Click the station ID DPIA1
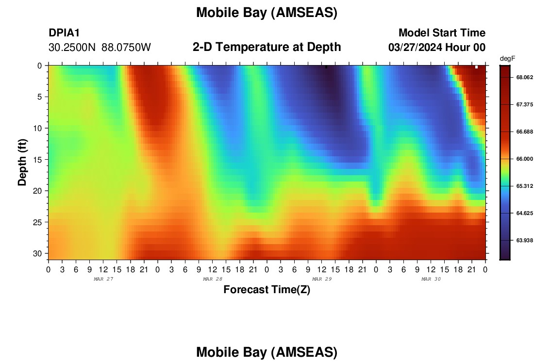click(x=64, y=33)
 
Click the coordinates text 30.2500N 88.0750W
click(x=100, y=48)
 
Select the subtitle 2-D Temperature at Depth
click(x=267, y=47)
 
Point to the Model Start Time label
click(x=442, y=33)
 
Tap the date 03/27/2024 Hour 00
click(x=437, y=47)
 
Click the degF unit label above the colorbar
click(x=507, y=59)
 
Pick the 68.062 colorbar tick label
click(x=524, y=77)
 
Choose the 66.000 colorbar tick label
click(x=524, y=159)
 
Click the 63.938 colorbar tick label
click(x=524, y=240)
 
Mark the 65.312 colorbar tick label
click(x=524, y=186)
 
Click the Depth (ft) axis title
click(x=22, y=162)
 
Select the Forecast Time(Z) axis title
click(x=267, y=289)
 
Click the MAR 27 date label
click(x=103, y=279)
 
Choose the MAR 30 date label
click(x=431, y=279)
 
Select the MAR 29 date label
click(x=322, y=279)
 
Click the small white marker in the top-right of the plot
click(x=476, y=67)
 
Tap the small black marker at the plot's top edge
click(x=326, y=67)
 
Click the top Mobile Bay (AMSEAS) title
click(x=267, y=13)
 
